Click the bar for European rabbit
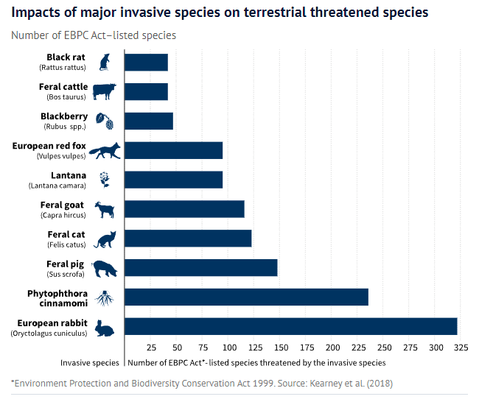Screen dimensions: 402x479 coord(290,326)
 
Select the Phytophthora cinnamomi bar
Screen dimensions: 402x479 coord(246,297)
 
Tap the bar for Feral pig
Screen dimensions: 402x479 coord(200,267)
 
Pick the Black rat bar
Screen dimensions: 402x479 coord(146,62)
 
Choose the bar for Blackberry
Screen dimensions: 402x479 coord(148,121)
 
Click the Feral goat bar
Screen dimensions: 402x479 coord(184,209)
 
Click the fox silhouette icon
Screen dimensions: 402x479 coord(105,150)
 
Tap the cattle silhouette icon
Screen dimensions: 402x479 coord(105,91)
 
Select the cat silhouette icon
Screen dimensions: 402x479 coord(105,239)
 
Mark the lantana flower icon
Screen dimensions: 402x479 coord(105,180)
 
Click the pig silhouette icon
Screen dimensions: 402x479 coord(105,269)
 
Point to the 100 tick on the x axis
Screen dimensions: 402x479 coord(228,348)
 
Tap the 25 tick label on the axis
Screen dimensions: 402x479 coord(151,348)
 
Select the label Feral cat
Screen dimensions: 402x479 coord(66,234)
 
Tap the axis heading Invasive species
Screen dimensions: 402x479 coord(90,363)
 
